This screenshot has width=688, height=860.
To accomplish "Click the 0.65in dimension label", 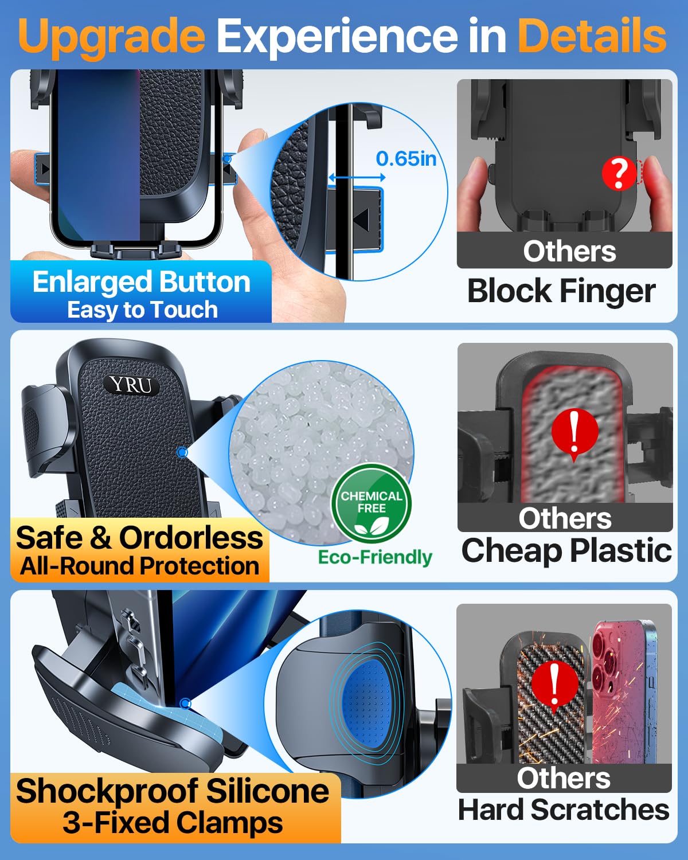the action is tap(406, 159).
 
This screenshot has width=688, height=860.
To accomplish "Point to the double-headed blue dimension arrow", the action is tap(357, 177).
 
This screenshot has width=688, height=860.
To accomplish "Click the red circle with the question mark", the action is tap(619, 173).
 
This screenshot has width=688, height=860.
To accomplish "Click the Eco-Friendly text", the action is tap(375, 557).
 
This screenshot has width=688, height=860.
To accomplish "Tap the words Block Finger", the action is tap(562, 291).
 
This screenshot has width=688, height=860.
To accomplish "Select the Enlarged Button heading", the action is tap(142, 282).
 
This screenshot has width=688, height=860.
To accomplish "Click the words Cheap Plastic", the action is tap(566, 551).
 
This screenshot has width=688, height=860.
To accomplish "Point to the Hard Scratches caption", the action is tap(564, 810).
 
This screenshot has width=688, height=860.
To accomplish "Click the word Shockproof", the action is tap(107, 792).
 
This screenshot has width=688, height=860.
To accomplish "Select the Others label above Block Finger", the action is tap(570, 251).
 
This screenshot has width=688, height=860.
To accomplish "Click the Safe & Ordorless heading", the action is tap(139, 538).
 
